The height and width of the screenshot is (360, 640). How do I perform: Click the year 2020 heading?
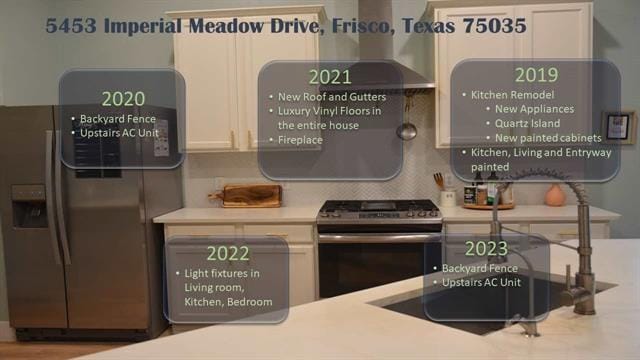click(123, 98)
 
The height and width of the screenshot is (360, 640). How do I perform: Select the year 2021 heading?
click(329, 77)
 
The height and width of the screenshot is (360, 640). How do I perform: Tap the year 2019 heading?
click(536, 74)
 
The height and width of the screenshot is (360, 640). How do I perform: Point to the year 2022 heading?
click(228, 253)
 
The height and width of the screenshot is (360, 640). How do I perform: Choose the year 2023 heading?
click(486, 249)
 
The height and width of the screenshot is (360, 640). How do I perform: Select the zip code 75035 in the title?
click(491, 26)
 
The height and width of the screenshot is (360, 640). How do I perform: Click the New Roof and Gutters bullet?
click(322, 96)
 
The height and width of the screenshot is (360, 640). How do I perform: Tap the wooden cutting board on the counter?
click(251, 195)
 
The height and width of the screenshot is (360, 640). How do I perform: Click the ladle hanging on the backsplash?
click(406, 129)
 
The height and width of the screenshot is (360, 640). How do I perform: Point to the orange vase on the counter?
click(555, 194)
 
